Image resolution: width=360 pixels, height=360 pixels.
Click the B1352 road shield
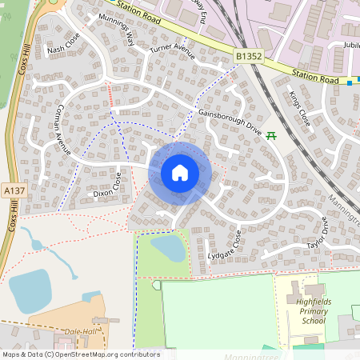[249, 56]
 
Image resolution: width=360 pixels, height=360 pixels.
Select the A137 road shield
[14, 191]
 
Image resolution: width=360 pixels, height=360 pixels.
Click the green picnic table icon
[271, 135]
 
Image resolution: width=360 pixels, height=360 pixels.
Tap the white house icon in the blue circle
[179, 173]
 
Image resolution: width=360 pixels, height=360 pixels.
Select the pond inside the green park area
[169, 248]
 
